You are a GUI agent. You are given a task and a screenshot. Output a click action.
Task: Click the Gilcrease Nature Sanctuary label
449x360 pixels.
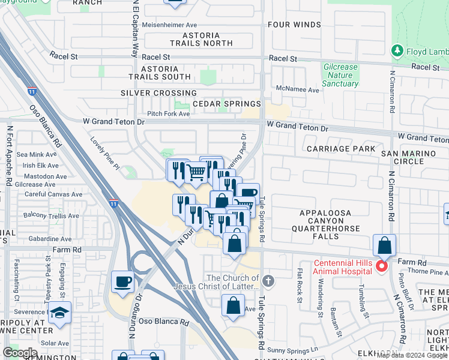pyautogui.click(x=340, y=76)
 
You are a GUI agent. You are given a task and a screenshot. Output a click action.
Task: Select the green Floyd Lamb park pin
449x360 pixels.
pyautogui.click(x=397, y=52)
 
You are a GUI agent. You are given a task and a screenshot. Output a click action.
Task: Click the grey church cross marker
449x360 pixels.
pyautogui.click(x=268, y=280)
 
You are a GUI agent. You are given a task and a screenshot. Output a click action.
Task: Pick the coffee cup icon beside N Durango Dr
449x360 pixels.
pyautogui.click(x=123, y=281)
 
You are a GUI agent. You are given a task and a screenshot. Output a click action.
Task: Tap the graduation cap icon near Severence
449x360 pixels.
pyautogui.click(x=59, y=313)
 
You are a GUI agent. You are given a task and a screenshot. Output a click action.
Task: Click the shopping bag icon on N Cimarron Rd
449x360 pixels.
pyautogui.click(x=384, y=246)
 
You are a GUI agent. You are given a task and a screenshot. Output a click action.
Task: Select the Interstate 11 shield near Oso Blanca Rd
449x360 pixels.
pyautogui.click(x=31, y=92)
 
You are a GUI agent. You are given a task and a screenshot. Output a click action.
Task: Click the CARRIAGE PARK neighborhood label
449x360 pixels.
pyautogui.click(x=340, y=148)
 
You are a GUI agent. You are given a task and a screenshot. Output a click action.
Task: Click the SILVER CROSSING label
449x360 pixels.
pyautogui.click(x=158, y=93)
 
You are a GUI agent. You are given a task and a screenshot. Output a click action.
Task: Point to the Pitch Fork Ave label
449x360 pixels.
pyautogui.click(x=163, y=113)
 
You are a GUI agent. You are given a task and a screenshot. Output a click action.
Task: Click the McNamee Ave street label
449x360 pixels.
pyautogui.click(x=297, y=89)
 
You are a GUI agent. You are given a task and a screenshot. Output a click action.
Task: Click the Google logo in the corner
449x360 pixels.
pyautogui.click(x=20, y=353)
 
